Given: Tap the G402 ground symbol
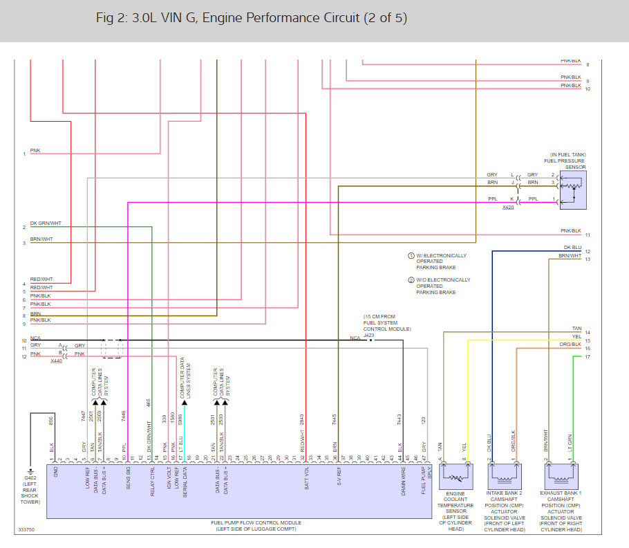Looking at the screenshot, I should click(x=30, y=468).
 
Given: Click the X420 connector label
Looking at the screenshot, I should click(x=508, y=207).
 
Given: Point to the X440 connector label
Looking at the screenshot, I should click(x=56, y=361).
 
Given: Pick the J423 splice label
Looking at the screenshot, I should click(x=368, y=335).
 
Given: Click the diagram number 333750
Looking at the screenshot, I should click(x=28, y=531).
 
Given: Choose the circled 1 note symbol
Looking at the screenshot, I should click(x=411, y=255).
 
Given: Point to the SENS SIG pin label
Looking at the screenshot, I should click(x=128, y=478).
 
